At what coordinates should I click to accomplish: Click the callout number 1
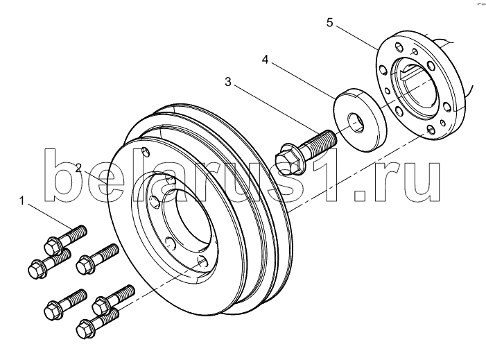tap(21, 200)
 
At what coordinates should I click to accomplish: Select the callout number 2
tap(79, 169)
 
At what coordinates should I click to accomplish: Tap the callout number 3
tap(228, 82)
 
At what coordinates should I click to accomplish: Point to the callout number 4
tap(265, 59)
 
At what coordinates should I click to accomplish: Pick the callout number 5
tap(329, 22)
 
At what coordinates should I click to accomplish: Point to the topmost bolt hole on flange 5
tap(399, 47)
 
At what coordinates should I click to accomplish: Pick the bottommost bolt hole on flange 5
tap(431, 129)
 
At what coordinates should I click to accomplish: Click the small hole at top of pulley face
tap(145, 152)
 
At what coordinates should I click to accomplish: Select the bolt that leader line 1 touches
tap(66, 238)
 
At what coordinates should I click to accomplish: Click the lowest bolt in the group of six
tap(97, 323)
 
